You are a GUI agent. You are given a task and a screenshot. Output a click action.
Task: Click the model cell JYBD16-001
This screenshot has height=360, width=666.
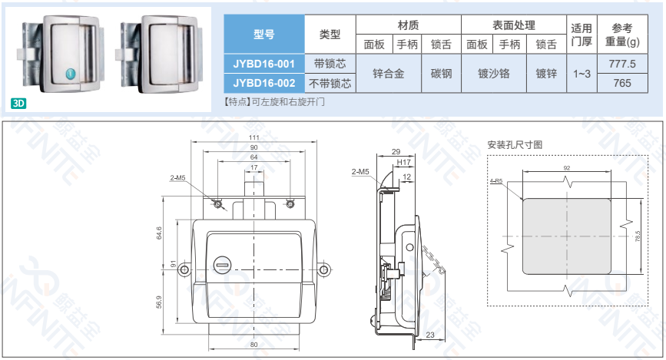pos(263,64)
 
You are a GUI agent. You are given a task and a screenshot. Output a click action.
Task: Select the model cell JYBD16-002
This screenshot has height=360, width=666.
pos(263,83)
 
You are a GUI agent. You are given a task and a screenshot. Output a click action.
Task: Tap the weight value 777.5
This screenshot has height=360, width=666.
pos(622,64)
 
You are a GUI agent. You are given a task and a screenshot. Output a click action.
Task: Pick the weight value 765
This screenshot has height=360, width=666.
pos(622,83)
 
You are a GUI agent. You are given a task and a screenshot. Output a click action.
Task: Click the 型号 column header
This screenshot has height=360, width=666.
pos(263,34)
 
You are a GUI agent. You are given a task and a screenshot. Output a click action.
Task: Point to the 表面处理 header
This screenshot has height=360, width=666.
pos(513,25)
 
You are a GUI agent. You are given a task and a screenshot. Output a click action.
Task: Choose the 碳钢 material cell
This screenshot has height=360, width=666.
pos(441,74)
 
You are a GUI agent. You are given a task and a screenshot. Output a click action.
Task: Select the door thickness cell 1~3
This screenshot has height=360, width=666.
pos(582,74)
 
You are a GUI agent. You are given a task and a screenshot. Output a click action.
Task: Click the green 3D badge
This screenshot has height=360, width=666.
pos(18,103)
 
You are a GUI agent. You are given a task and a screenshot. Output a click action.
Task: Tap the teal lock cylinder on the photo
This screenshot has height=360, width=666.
pos(71,74)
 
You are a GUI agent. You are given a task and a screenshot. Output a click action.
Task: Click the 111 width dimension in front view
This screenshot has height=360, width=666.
pos(254,137)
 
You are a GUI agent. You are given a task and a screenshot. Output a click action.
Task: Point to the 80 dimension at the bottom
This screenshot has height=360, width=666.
pos(254,345)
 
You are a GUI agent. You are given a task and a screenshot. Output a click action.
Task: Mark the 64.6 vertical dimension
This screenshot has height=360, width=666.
pos(159,233)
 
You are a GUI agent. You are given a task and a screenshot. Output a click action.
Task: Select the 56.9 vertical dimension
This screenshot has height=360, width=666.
pos(159,302)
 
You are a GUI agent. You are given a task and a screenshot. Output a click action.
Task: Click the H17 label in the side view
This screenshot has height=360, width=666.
pos(403,162)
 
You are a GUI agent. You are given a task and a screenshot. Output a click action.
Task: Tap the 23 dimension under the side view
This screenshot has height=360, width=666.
pos(430,335)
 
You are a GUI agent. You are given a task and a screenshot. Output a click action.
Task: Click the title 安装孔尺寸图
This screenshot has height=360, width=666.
pos(515,145)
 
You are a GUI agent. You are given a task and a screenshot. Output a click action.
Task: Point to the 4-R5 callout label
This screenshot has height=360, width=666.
pos(496,181)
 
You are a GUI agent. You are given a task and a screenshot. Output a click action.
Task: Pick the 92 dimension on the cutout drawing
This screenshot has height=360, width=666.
pos(567,167)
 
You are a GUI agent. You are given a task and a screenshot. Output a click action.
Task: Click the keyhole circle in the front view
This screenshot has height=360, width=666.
pos(222,265)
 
